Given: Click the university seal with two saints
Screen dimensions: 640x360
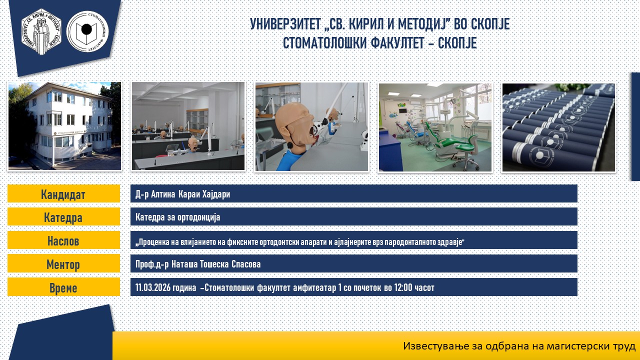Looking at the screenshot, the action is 41,31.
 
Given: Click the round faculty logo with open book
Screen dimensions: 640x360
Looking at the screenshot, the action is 87,31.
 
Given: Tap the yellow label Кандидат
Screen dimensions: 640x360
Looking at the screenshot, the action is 63,193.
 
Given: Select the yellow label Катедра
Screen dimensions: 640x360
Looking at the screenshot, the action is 63,217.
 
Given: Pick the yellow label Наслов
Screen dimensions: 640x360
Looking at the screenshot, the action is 63,240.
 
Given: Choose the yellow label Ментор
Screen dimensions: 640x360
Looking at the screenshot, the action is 63,263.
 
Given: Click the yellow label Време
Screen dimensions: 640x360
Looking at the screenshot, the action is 63,287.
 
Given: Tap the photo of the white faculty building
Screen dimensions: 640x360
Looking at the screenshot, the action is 64,126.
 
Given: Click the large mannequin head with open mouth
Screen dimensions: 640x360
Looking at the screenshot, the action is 297,125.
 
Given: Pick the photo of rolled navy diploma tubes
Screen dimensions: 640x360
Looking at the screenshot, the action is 558,127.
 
